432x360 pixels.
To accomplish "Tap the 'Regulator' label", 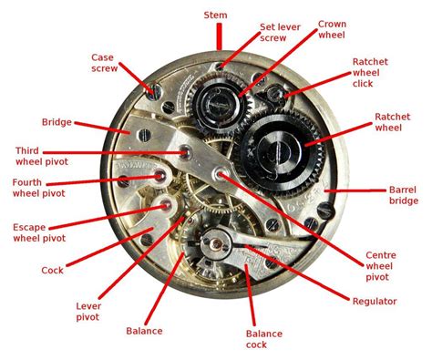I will point(375,300).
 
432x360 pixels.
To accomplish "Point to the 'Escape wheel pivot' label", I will point(39,232).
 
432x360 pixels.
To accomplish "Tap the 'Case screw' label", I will point(102,63).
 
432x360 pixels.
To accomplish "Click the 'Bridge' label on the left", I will point(57,121).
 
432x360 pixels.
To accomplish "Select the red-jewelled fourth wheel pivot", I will point(161,172).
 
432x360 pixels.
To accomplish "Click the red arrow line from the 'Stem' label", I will point(219,37).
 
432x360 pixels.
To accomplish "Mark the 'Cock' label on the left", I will point(52,270).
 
